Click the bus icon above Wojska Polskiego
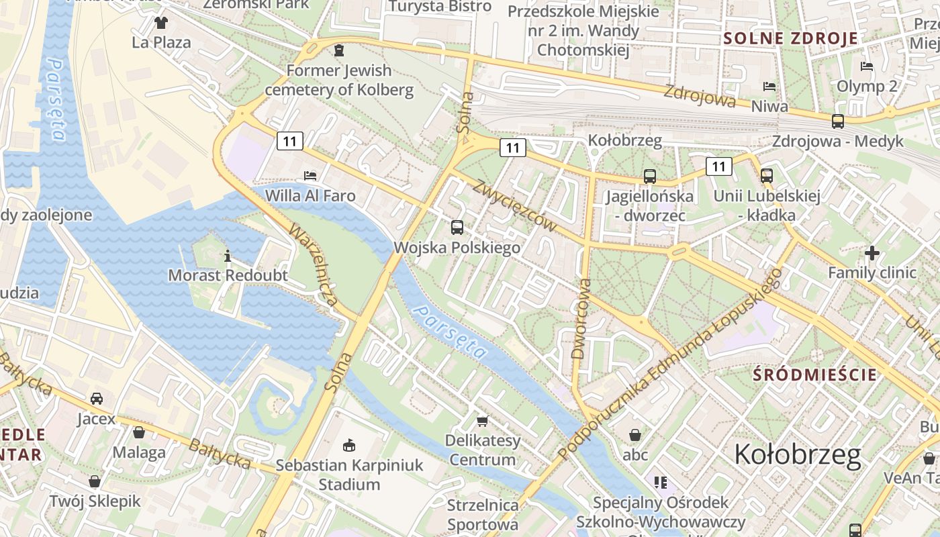click(x=457, y=227)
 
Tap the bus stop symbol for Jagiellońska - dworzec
click(x=649, y=176)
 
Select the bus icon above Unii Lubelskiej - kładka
click(x=767, y=176)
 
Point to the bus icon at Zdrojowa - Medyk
click(x=838, y=121)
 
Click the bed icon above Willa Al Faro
click(x=310, y=176)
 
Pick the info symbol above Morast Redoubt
click(x=228, y=256)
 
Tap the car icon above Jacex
click(x=97, y=399)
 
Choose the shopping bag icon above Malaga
click(x=139, y=432)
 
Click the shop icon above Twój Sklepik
click(x=95, y=481)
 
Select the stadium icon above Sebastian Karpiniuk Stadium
click(x=348, y=445)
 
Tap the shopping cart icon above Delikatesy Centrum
click(x=482, y=421)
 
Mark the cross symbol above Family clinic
click(x=872, y=253)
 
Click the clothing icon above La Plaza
click(x=161, y=23)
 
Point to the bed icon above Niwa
click(x=769, y=87)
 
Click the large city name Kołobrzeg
click(x=798, y=454)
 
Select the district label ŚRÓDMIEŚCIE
click(x=815, y=375)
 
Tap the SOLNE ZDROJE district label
click(x=791, y=38)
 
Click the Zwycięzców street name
click(x=515, y=206)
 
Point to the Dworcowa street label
click(x=581, y=318)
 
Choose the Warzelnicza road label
click(x=314, y=265)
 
